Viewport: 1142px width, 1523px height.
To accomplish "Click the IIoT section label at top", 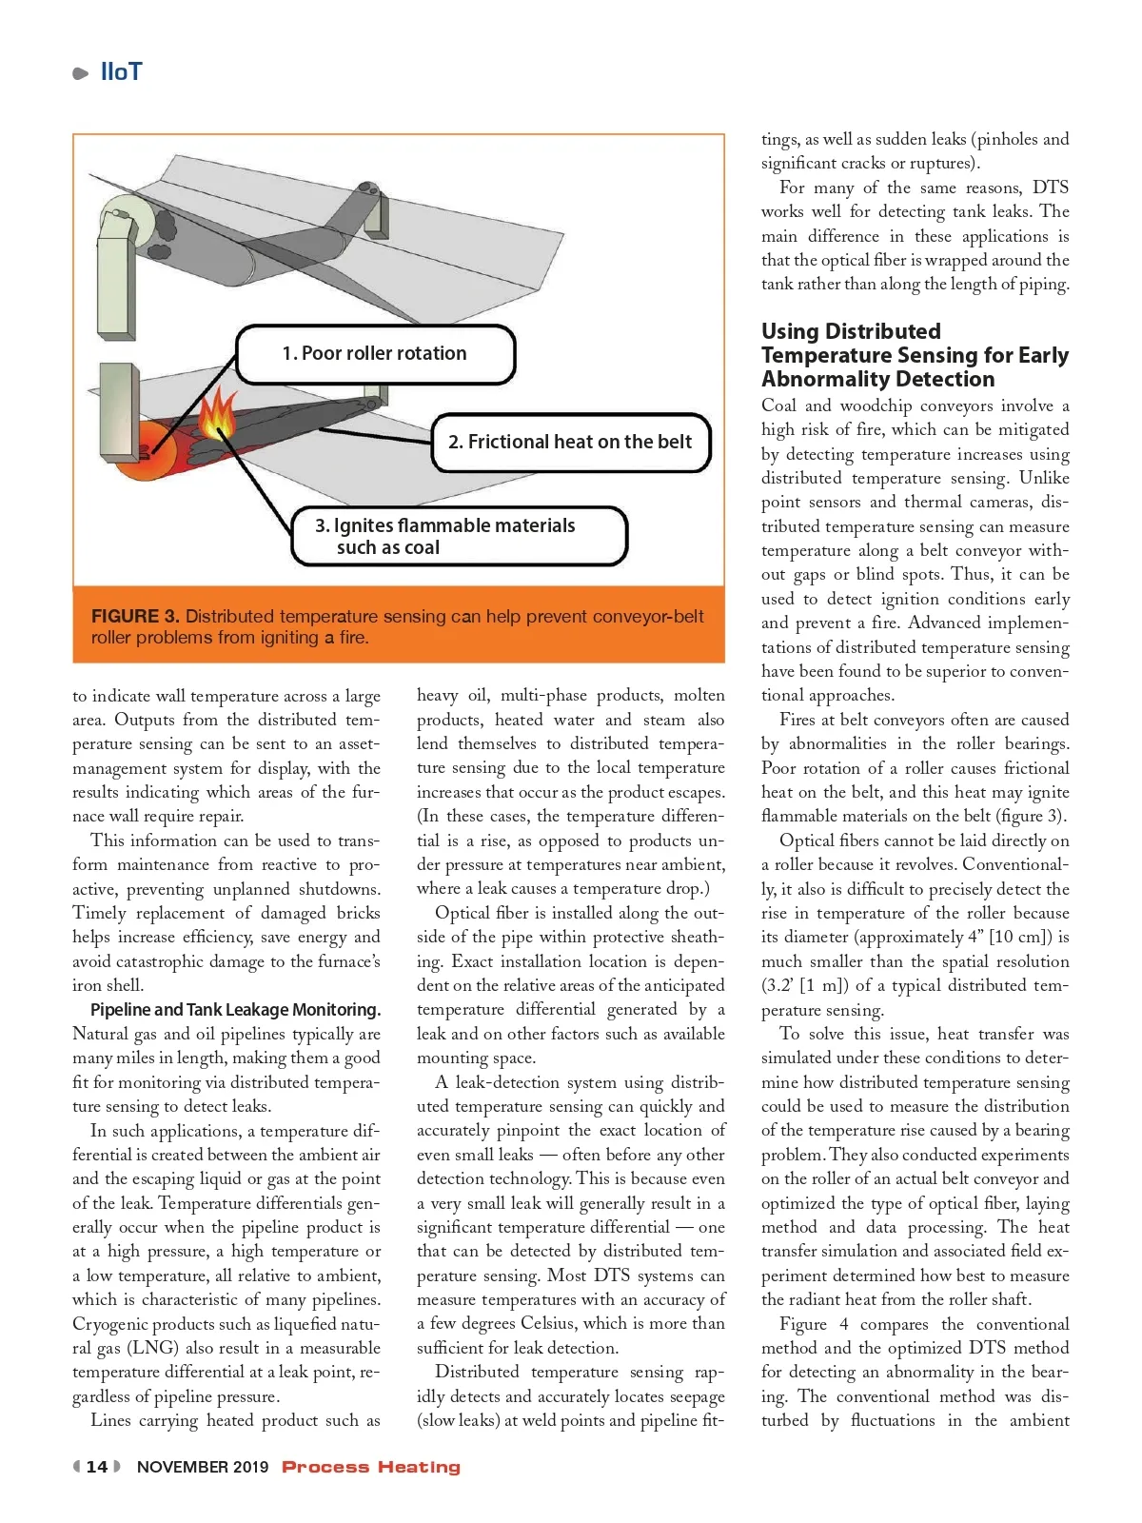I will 121,72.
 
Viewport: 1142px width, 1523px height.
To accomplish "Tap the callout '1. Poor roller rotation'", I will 375,354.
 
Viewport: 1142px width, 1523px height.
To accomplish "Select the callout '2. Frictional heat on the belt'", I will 570,442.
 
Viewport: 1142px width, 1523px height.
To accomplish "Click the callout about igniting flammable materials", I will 445,536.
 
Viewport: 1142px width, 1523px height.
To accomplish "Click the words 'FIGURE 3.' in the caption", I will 135,617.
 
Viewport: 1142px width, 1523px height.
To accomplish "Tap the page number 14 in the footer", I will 97,1467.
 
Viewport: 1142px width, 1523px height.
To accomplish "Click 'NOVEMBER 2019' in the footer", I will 203,1467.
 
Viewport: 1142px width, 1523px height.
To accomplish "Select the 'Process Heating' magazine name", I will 371,1467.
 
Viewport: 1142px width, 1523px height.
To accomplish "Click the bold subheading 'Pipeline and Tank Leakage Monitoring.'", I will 235,1010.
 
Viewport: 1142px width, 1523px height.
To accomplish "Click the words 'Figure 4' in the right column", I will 814,1324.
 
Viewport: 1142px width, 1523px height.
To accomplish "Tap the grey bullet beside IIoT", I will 81,73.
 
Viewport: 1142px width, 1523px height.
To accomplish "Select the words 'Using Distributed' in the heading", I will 851,331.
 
